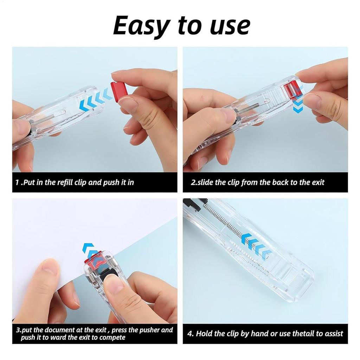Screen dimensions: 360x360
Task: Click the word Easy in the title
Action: (x=140, y=26)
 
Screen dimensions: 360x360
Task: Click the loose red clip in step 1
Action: (x=119, y=90)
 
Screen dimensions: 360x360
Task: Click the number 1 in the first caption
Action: (x=17, y=182)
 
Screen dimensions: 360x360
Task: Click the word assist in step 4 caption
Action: (x=332, y=334)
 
